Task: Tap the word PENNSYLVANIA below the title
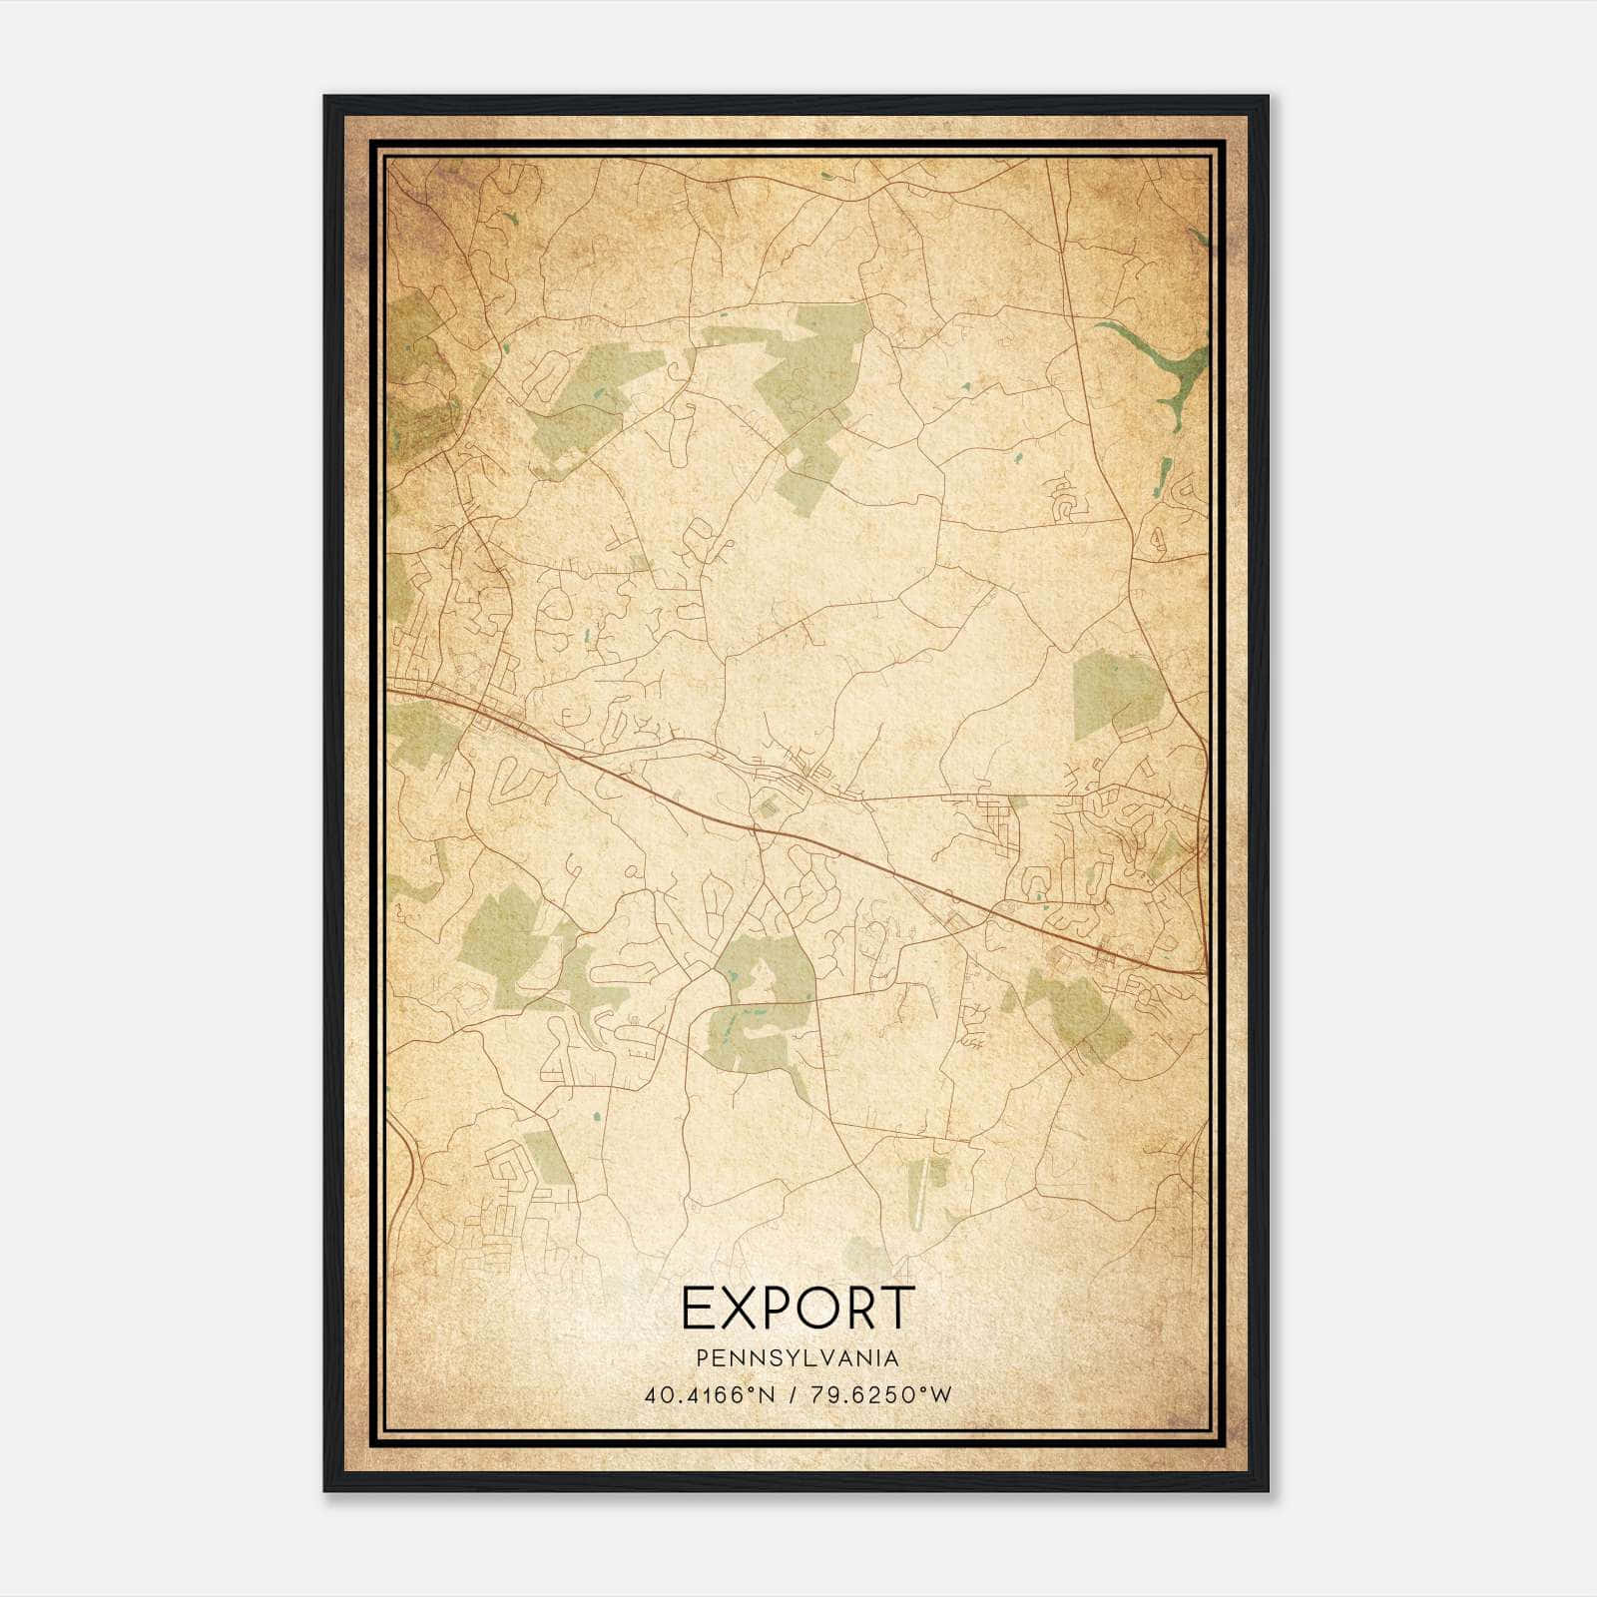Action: [x=798, y=1358]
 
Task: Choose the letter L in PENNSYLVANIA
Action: [x=798, y=1358]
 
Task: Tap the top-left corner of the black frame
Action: [x=325, y=98]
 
